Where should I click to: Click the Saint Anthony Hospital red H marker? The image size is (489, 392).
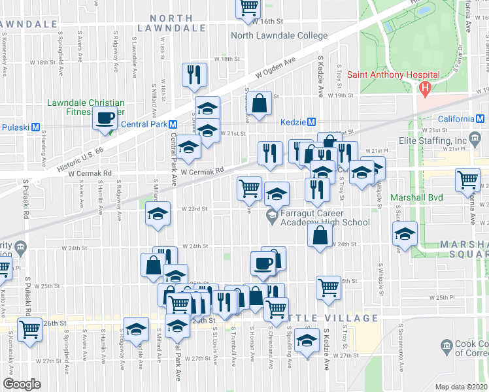click(x=426, y=87)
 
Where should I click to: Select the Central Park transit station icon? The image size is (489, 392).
click(x=174, y=124)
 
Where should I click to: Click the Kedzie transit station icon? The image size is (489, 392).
click(x=312, y=122)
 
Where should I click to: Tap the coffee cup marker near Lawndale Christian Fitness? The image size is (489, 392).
click(x=105, y=119)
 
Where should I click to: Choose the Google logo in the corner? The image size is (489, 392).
click(x=22, y=384)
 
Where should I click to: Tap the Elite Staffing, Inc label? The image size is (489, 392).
click(x=433, y=140)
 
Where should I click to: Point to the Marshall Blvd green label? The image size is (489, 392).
click(x=416, y=197)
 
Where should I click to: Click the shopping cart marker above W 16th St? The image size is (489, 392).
click(x=248, y=7)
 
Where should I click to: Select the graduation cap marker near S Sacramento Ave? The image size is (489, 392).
click(x=405, y=234)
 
